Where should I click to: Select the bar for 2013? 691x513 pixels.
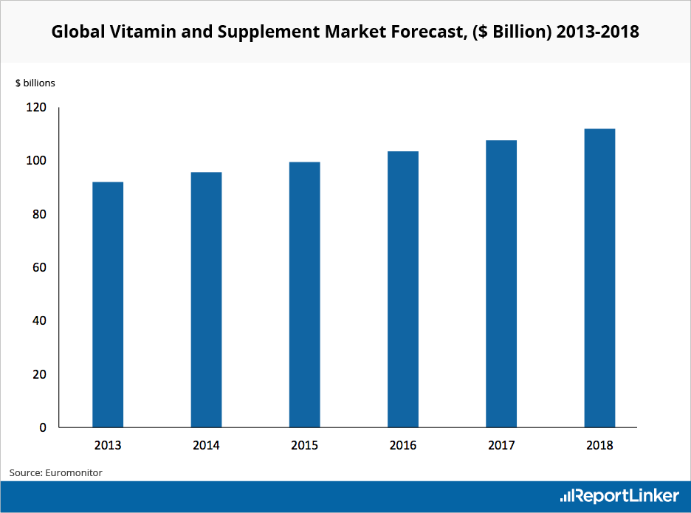(108, 304)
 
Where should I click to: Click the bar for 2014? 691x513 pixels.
(206, 300)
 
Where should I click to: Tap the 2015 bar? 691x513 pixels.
(304, 295)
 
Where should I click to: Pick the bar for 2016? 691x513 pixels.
(403, 289)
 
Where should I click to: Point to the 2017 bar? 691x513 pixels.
(501, 283)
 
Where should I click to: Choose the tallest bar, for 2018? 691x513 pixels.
(599, 278)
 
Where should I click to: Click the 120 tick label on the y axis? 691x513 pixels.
(36, 108)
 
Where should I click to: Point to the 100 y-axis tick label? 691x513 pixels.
(36, 161)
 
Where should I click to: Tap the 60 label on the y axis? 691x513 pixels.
(39, 267)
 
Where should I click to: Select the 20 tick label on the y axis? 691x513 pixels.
(39, 374)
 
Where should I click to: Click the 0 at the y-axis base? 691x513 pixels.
(42, 427)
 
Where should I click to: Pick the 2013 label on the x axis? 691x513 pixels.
(108, 445)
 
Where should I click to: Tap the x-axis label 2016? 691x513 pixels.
(403, 445)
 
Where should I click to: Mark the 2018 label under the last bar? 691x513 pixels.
(599, 445)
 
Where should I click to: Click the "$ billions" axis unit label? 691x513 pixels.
(35, 83)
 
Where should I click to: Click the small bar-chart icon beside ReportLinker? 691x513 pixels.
(567, 496)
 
